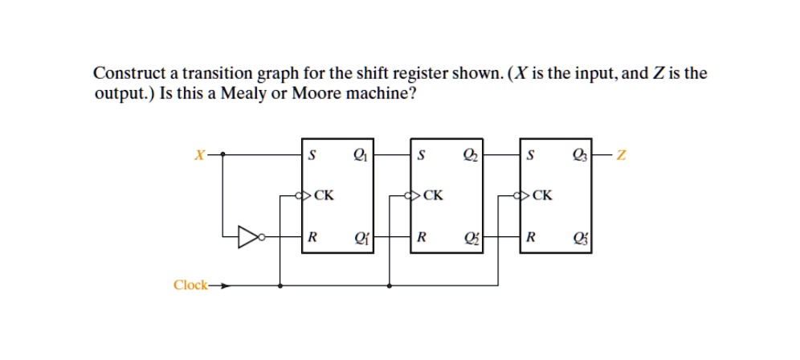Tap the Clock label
pos(190,285)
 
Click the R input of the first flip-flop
pos(312,238)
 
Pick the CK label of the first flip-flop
pos(325,194)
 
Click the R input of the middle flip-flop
pos(421,238)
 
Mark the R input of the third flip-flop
pos(530,238)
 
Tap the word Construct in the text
pos(127,74)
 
